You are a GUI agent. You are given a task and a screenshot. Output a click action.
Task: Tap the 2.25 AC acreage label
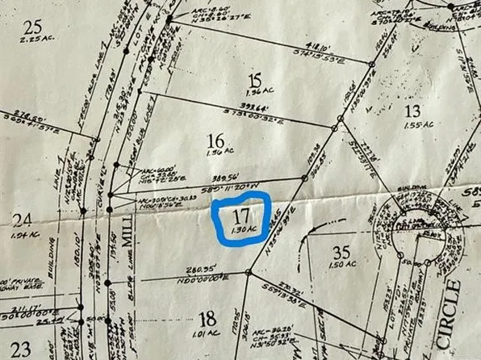click(33, 44)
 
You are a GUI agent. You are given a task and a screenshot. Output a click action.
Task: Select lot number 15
click(257, 80)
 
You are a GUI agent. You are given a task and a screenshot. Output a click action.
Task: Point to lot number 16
click(215, 140)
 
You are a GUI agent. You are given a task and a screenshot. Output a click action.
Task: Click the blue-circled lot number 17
click(240, 216)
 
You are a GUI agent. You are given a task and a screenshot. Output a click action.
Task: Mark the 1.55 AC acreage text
click(418, 126)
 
